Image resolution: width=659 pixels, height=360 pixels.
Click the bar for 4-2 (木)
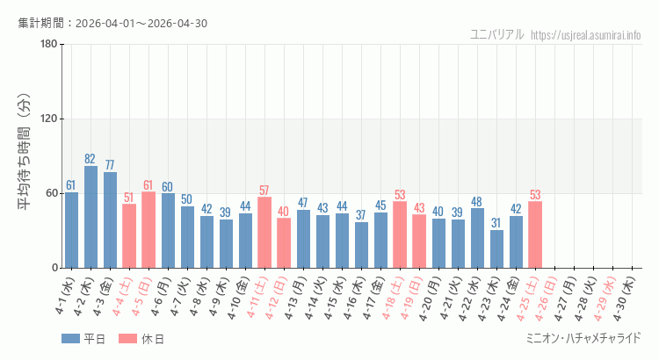[91, 217]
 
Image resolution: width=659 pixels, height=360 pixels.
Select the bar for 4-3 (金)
[110, 220]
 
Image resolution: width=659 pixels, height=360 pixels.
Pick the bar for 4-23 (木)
[496, 248]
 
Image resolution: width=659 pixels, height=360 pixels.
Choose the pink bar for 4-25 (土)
[535, 234]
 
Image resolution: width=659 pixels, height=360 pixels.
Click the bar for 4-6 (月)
[168, 230]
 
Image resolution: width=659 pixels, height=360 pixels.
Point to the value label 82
[91, 159]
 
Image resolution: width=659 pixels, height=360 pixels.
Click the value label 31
[496, 222]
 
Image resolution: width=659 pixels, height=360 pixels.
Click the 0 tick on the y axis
[54, 268]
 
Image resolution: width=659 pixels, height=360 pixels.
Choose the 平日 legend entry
[83, 339]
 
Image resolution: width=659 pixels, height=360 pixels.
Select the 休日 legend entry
[141, 339]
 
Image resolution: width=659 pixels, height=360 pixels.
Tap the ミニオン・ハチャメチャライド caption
[582, 337]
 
